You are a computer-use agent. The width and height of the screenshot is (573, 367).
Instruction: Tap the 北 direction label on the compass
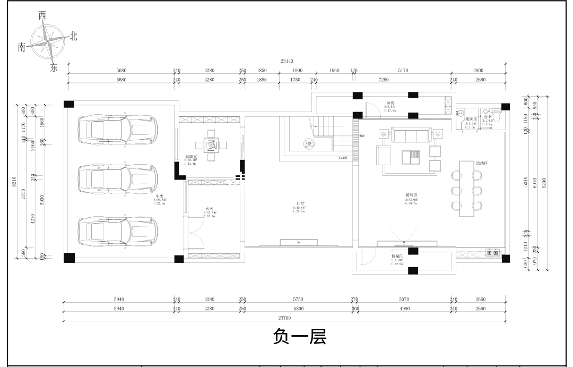(73, 36)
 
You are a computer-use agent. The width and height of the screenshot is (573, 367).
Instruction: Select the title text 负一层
(299, 337)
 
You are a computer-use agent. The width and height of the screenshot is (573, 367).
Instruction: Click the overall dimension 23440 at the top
(287, 61)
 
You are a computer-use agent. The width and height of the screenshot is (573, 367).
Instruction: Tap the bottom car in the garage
(118, 231)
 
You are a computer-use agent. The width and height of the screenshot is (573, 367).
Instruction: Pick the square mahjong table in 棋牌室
(211, 144)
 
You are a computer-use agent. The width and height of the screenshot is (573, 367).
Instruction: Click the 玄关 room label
(210, 209)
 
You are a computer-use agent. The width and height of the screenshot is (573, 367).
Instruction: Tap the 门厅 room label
(300, 203)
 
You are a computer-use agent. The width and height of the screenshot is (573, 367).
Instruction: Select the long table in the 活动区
(467, 189)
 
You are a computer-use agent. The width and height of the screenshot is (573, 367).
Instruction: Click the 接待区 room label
(411, 195)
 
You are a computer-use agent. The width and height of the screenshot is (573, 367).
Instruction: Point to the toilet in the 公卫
(497, 114)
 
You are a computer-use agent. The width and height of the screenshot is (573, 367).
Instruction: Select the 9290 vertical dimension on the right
(544, 182)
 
